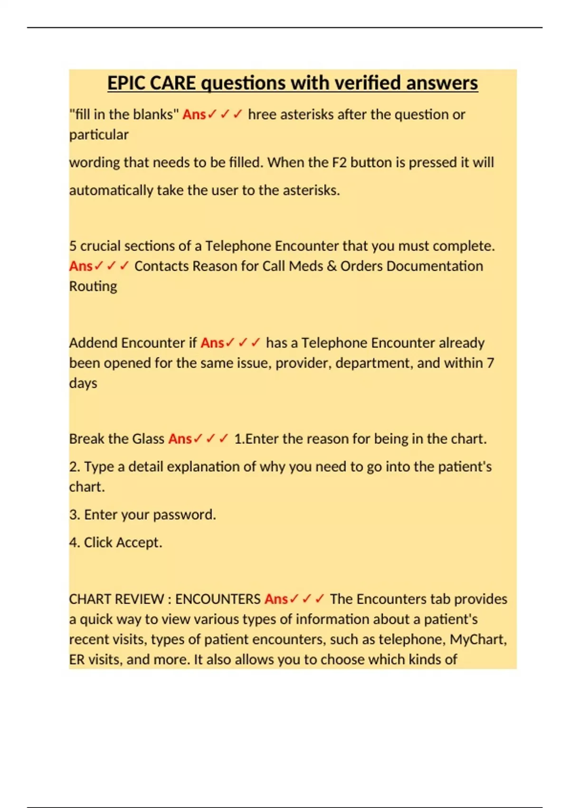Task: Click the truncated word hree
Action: coord(262,115)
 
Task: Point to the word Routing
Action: coord(93,286)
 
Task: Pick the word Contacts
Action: coord(161,266)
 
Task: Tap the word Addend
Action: coord(93,343)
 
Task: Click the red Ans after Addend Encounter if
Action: coord(212,343)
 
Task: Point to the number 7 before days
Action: coord(490,363)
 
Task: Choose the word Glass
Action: coord(148,439)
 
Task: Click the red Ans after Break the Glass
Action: coord(180,439)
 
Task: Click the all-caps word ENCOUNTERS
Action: coord(218,599)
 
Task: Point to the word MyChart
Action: coord(478,639)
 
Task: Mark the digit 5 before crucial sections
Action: coord(73,246)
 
